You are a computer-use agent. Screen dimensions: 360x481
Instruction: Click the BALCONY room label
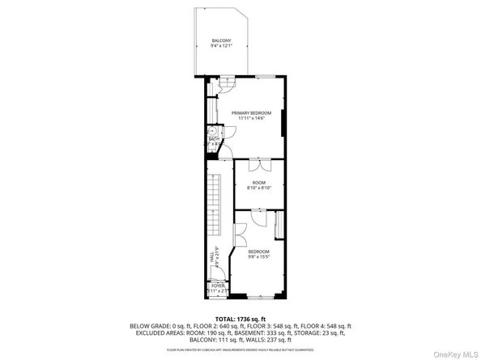coord(221,40)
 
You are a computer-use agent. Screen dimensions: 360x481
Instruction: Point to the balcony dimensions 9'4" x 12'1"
coord(221,46)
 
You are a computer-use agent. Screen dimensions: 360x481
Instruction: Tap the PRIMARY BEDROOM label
coord(251,112)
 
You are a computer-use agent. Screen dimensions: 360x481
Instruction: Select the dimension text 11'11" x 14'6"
coord(251,118)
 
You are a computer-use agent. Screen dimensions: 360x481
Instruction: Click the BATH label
coord(213,139)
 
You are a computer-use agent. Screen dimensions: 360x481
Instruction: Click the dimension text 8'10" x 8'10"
coord(258,188)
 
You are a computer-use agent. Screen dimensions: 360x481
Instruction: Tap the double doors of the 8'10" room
coord(258,166)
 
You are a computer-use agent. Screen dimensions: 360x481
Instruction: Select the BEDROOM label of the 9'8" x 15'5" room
coord(258,252)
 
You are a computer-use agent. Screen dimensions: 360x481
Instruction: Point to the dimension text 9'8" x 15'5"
coord(258,257)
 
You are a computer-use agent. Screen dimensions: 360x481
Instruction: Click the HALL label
coord(212,256)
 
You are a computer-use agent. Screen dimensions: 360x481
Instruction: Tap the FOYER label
coord(217,286)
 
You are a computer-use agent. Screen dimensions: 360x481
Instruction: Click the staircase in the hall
coord(215,206)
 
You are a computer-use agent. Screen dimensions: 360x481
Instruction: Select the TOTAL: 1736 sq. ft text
coord(240,320)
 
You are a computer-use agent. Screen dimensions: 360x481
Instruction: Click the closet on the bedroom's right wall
coord(280,224)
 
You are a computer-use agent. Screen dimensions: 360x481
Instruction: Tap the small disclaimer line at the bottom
coord(240,349)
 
